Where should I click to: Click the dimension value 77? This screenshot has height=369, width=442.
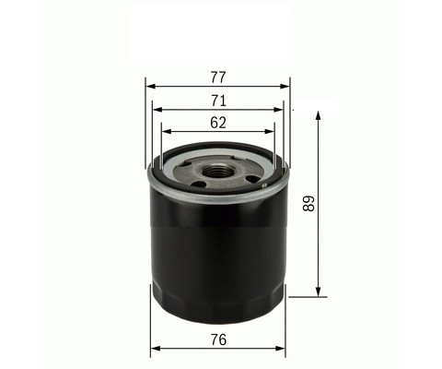[218, 77]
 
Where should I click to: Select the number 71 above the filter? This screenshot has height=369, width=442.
[218, 101]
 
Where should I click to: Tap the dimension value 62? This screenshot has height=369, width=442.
[218, 123]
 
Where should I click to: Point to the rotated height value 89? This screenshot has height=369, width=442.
[308, 204]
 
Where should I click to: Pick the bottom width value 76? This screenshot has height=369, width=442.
[218, 339]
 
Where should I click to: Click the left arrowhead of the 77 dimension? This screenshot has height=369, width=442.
[150, 87]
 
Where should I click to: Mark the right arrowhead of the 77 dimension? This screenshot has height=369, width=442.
[285, 87]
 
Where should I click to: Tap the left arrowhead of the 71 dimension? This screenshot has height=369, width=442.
[157, 110]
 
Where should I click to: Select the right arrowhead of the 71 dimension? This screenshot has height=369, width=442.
[278, 110]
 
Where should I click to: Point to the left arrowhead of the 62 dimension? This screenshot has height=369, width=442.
[166, 132]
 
